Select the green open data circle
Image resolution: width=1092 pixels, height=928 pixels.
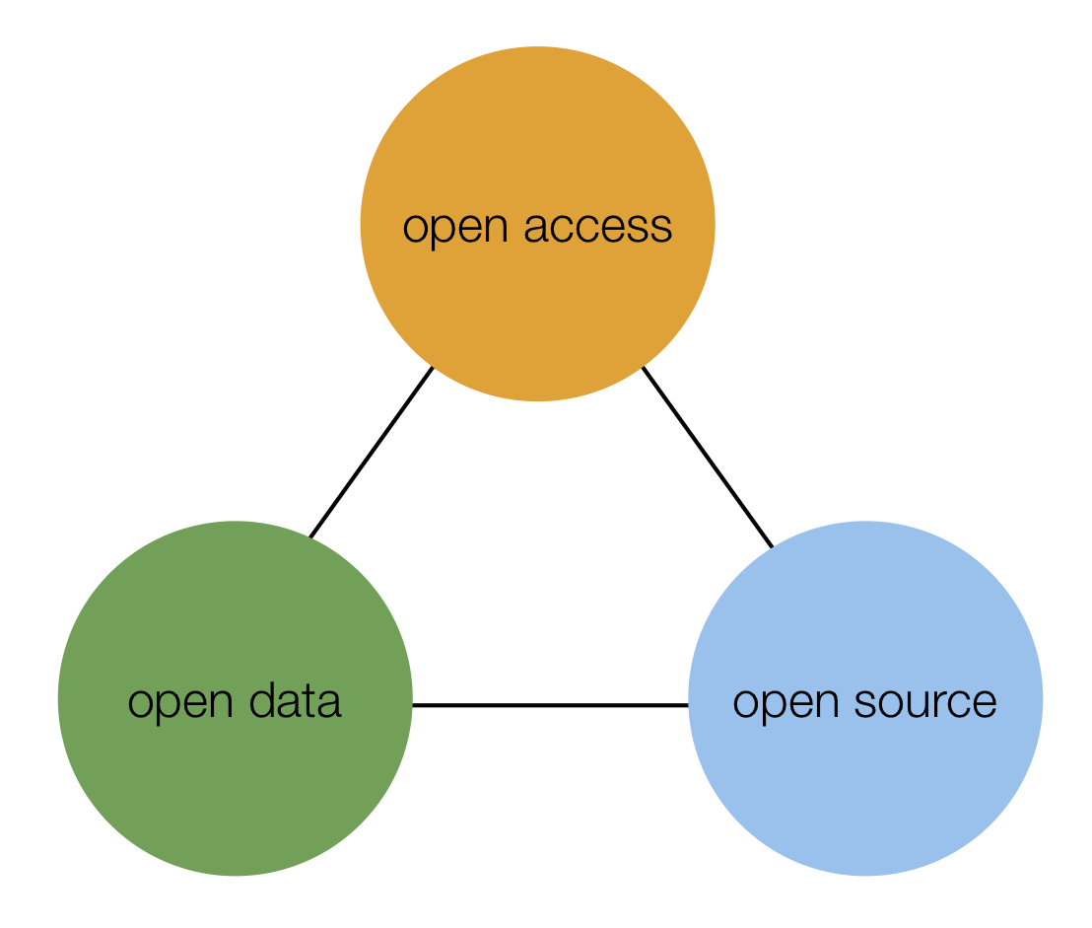[235, 779]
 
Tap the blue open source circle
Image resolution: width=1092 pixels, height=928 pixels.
[864, 779]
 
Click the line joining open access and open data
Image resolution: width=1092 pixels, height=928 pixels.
[371, 453]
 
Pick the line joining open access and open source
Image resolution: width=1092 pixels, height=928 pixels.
[707, 456]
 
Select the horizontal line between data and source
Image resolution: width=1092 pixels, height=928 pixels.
[550, 705]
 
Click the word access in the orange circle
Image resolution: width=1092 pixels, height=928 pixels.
[597, 227]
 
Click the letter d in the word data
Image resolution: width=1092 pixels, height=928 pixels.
[261, 701]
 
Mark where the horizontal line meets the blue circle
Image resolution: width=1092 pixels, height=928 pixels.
[688, 705]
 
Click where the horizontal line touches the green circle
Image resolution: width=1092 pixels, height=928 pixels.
[412, 705]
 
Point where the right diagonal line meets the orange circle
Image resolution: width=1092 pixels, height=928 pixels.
[643, 367]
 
